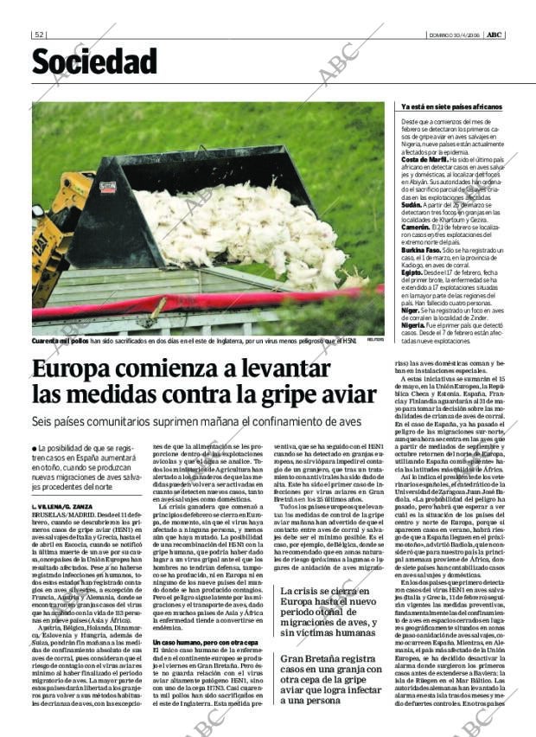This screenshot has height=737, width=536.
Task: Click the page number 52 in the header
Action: [39, 35]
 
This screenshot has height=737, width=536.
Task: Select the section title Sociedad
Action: [95, 62]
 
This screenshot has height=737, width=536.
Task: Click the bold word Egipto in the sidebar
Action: [412, 272]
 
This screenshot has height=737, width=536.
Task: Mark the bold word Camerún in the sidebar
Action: [415, 228]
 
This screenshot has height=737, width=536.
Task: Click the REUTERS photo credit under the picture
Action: [374, 339]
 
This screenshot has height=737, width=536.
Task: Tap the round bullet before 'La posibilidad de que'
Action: [34, 447]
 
